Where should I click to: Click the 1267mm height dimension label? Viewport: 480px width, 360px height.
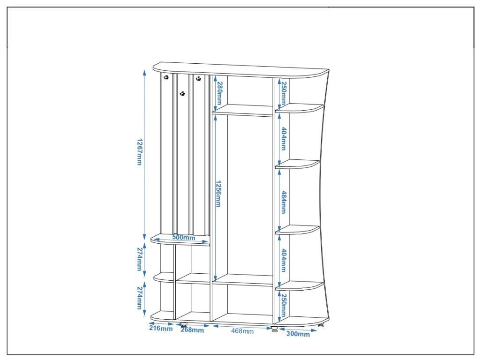[x=139, y=152]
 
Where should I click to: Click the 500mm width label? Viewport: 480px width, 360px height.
[x=183, y=238]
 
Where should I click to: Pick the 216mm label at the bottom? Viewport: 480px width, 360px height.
[x=161, y=329]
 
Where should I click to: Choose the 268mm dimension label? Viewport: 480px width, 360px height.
[x=192, y=330]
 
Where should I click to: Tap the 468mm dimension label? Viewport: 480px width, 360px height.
[x=242, y=331]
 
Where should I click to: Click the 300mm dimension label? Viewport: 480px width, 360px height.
[x=298, y=334]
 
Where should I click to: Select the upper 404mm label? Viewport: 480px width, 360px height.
[x=283, y=138]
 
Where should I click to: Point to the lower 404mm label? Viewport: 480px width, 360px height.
[x=283, y=261]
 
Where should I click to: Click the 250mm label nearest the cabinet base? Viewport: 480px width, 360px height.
[x=283, y=305]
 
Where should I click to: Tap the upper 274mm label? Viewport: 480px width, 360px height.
[x=139, y=258]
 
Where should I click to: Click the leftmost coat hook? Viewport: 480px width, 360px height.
[x=165, y=78]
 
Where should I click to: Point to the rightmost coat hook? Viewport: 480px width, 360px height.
[x=198, y=78]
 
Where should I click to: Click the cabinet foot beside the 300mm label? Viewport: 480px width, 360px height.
[x=274, y=330]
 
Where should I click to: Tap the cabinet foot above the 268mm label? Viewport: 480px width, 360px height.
[x=184, y=324]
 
